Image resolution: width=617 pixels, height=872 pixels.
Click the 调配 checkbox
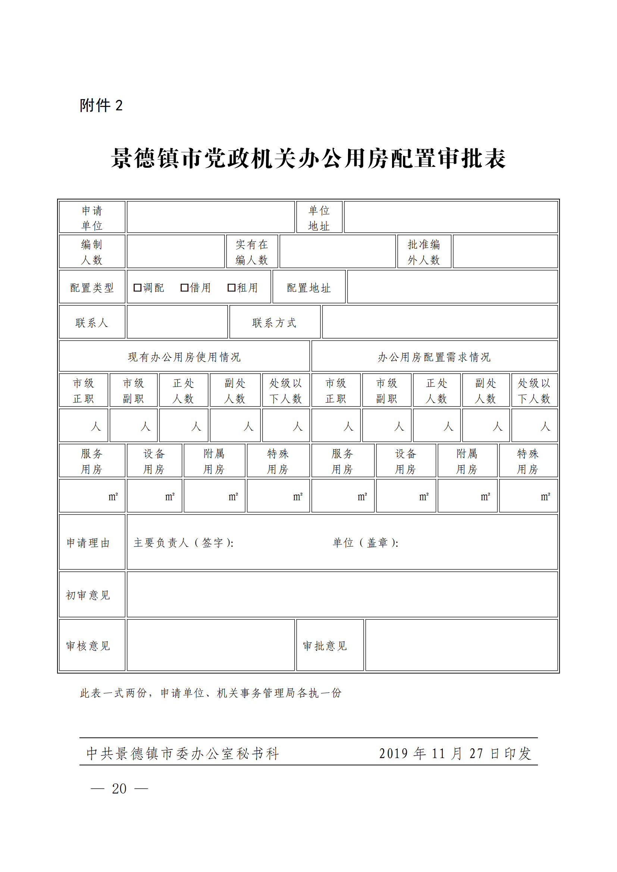click(x=138, y=287)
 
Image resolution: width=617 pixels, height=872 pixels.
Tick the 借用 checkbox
click(x=184, y=287)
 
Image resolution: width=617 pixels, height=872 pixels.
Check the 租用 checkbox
click(x=231, y=287)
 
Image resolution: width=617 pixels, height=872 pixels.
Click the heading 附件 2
click(x=101, y=106)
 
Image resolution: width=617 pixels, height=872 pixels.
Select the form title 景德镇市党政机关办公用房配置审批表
click(x=308, y=158)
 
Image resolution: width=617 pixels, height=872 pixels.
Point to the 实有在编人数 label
click(x=252, y=252)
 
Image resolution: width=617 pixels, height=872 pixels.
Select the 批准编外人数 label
click(x=424, y=252)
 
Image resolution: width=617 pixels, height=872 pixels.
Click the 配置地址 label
click(x=308, y=288)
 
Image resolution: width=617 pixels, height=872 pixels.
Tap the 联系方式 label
click(x=274, y=323)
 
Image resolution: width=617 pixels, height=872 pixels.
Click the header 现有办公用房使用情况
click(x=184, y=357)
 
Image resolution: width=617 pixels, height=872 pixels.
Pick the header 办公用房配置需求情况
click(x=434, y=357)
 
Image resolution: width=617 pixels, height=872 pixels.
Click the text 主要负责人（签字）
click(x=184, y=543)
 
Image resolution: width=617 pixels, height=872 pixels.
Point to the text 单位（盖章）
click(x=366, y=543)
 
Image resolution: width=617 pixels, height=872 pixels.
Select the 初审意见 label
click(x=88, y=595)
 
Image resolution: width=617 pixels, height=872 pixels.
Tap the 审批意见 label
click(x=325, y=646)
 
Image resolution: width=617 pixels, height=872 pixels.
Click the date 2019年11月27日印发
click(x=455, y=753)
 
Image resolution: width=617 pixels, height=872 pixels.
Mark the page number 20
click(x=119, y=789)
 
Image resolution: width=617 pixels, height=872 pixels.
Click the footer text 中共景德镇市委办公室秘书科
click(x=183, y=753)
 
